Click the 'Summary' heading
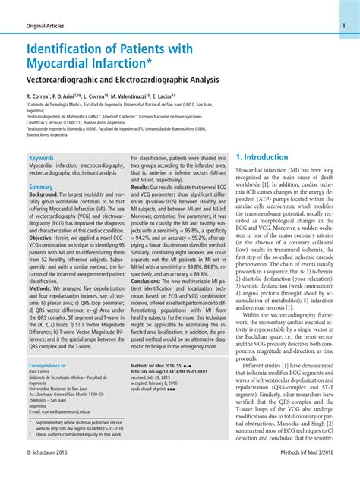click(x=41, y=187)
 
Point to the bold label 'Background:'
click(x=43, y=194)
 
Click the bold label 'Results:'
click(x=141, y=187)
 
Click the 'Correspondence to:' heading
click(x=47, y=365)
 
